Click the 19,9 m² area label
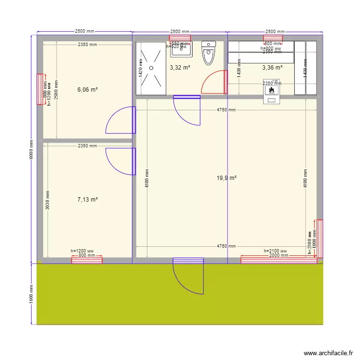click(x=227, y=178)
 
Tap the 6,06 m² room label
click(x=87, y=89)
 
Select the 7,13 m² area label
click(x=87, y=199)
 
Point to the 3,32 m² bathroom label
click(x=180, y=68)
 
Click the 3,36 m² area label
click(x=272, y=68)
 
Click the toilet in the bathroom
click(x=209, y=53)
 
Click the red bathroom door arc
click(x=213, y=82)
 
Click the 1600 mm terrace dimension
click(x=30, y=294)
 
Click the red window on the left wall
click(x=41, y=89)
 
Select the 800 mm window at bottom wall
click(x=87, y=260)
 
